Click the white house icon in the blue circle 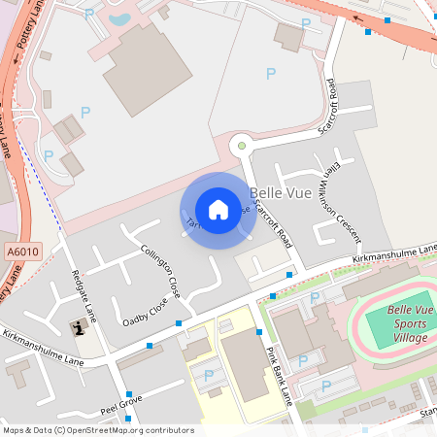[218, 210]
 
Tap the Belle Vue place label [279, 193]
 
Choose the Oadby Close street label [145, 311]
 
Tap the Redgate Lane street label [84, 297]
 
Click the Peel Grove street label [120, 400]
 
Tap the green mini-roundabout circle [241, 146]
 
